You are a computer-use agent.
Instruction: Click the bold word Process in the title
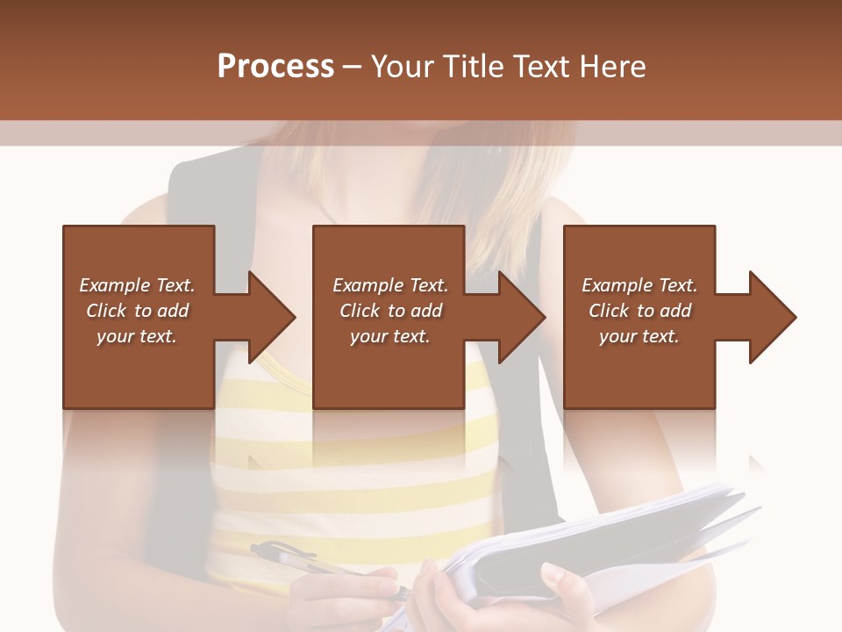[275, 67]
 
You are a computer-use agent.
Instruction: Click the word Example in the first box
[114, 285]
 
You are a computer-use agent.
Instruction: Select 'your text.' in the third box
[639, 336]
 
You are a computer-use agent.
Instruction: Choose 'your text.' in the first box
[137, 336]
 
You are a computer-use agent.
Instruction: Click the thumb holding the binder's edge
[558, 579]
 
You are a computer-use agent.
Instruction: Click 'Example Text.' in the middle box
[390, 285]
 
